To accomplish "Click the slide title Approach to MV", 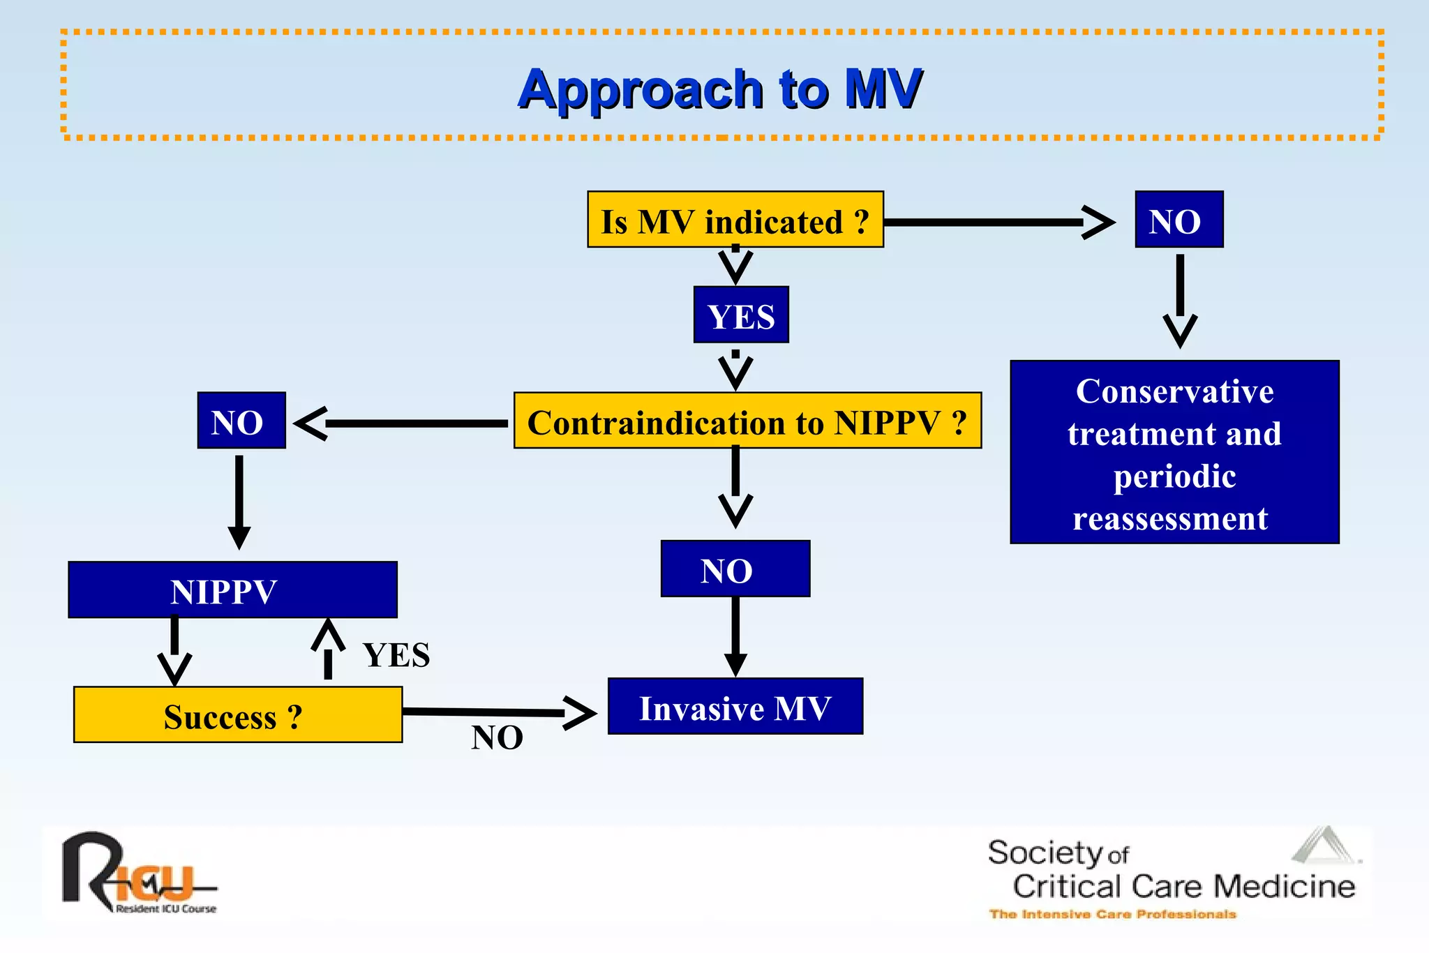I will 719,89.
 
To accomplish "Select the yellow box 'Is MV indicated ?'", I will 735,220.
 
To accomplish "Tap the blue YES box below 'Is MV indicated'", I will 741,315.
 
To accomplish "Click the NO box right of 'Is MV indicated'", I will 1179,220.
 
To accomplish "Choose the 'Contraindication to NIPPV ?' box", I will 747,421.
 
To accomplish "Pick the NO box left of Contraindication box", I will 241,421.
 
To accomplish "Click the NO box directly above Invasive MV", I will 735,569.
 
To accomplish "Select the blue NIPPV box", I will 232,590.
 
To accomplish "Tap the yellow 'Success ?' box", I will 237,715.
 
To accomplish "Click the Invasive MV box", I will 735,707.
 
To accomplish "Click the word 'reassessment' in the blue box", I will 1170,519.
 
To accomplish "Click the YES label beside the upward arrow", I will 396,655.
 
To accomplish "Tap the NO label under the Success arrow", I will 497,737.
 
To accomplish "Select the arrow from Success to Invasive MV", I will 488,712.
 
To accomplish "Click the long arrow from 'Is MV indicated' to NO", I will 991,223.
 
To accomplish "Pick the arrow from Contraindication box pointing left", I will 405,423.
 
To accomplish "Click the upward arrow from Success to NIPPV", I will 328,649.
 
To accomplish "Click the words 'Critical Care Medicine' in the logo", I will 1183,886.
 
